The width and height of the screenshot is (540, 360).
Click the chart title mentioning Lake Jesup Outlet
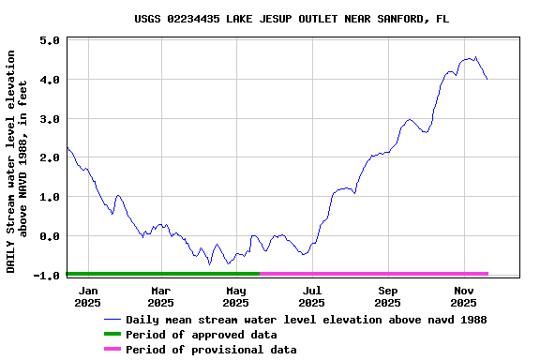(x=291, y=19)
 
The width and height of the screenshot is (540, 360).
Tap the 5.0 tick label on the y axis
(x=51, y=41)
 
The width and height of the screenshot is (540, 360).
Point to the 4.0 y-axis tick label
(x=51, y=80)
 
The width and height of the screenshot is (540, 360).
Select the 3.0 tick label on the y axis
(x=51, y=119)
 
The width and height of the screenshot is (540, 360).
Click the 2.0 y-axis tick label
(x=51, y=157)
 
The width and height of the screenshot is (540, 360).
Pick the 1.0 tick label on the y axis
(x=51, y=197)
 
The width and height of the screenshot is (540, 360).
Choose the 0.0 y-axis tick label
(x=51, y=236)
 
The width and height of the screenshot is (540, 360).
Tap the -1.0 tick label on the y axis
(x=48, y=275)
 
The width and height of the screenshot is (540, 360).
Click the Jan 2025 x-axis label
(x=87, y=296)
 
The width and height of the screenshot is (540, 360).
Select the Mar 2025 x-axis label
(x=160, y=296)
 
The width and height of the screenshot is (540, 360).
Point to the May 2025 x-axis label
(x=235, y=296)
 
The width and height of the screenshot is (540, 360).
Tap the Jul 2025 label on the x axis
(x=312, y=296)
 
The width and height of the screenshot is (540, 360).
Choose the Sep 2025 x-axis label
(x=388, y=296)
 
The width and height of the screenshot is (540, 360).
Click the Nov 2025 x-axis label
(x=463, y=296)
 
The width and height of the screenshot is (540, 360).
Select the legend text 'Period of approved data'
(x=201, y=335)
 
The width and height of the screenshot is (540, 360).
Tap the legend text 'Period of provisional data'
(x=211, y=350)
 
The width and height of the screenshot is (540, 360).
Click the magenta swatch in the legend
(x=112, y=350)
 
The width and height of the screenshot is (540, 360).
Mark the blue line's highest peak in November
(x=475, y=57)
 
